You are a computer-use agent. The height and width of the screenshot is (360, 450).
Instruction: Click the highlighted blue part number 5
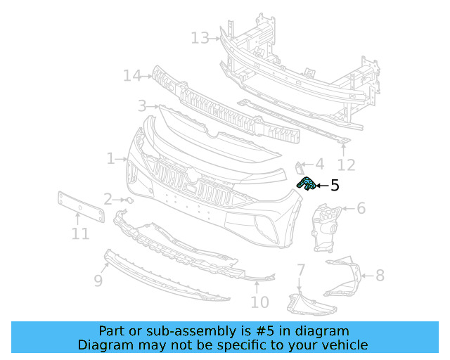click(x=306, y=184)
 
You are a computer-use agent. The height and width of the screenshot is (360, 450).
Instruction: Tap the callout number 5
click(x=335, y=186)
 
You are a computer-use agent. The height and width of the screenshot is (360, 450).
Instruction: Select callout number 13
click(x=200, y=37)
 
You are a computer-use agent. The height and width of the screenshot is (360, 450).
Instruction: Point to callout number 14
click(x=132, y=75)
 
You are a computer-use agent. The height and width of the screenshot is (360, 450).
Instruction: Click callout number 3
click(x=142, y=105)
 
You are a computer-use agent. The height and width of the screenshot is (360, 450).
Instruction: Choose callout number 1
click(x=111, y=159)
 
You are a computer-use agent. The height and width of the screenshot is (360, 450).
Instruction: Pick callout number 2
click(x=108, y=200)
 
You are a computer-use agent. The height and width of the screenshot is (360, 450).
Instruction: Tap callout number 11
click(x=80, y=233)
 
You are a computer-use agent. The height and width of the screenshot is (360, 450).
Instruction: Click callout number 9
click(x=98, y=281)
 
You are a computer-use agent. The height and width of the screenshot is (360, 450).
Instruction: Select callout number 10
click(x=259, y=302)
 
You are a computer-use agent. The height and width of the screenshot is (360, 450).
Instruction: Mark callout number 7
click(x=300, y=269)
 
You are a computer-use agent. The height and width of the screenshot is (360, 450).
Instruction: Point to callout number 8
click(x=380, y=275)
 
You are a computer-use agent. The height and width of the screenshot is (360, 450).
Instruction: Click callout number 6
click(x=361, y=208)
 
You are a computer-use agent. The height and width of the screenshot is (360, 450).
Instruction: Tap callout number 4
click(x=319, y=165)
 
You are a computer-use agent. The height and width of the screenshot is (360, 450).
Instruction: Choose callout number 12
click(x=346, y=165)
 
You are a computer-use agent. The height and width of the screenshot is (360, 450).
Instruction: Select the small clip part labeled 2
click(x=129, y=200)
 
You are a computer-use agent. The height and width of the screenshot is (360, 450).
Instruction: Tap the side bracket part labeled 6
click(x=325, y=225)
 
